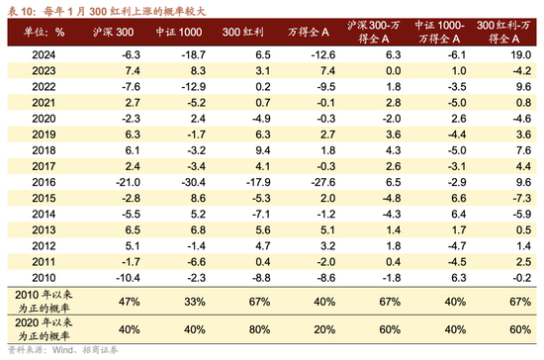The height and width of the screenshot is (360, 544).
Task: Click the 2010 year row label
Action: click(x=43, y=277)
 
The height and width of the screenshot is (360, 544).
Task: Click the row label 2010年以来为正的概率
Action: click(x=43, y=298)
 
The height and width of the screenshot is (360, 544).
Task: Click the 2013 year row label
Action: click(x=43, y=228)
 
